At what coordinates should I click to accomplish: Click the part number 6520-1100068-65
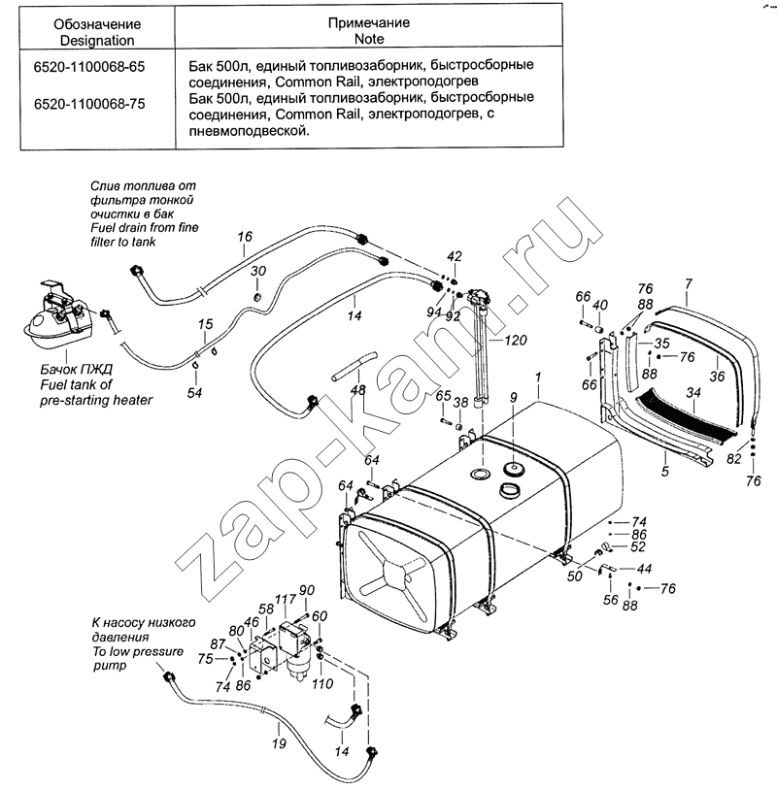[89, 67]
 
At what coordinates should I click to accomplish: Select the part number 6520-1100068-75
[89, 104]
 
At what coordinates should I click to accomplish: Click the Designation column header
[97, 32]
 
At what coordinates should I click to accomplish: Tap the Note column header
[369, 31]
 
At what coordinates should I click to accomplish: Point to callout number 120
[515, 341]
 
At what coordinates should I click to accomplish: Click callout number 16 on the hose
[245, 237]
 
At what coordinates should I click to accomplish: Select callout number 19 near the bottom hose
[279, 742]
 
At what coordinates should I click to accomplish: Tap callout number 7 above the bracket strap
[689, 283]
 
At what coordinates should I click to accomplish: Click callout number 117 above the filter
[285, 599]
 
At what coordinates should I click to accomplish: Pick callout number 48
[358, 390]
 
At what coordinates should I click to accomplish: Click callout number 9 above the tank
[513, 398]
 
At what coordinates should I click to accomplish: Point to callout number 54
[194, 393]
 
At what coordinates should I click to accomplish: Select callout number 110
[322, 684]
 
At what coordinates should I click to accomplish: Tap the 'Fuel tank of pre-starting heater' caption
[96, 385]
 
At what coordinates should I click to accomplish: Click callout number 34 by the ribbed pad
[693, 392]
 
